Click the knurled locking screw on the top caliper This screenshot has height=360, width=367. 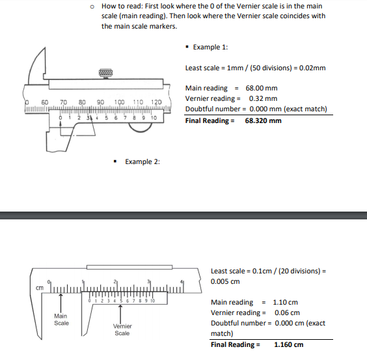tap(107, 74)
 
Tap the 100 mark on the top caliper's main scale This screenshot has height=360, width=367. tap(119, 103)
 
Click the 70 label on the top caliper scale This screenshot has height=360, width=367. tap(64, 103)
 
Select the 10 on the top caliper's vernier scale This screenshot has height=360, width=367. tap(154, 118)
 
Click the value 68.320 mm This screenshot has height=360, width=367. tap(263, 120)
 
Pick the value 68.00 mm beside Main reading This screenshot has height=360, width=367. tap(261, 88)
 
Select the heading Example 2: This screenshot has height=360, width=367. tap(142, 161)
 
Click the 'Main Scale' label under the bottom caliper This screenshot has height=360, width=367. tap(61, 319)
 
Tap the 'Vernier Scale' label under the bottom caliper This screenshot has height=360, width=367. tap(122, 329)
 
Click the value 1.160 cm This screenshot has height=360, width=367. tap(288, 344)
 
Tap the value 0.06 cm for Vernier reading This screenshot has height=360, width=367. tap(287, 312)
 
